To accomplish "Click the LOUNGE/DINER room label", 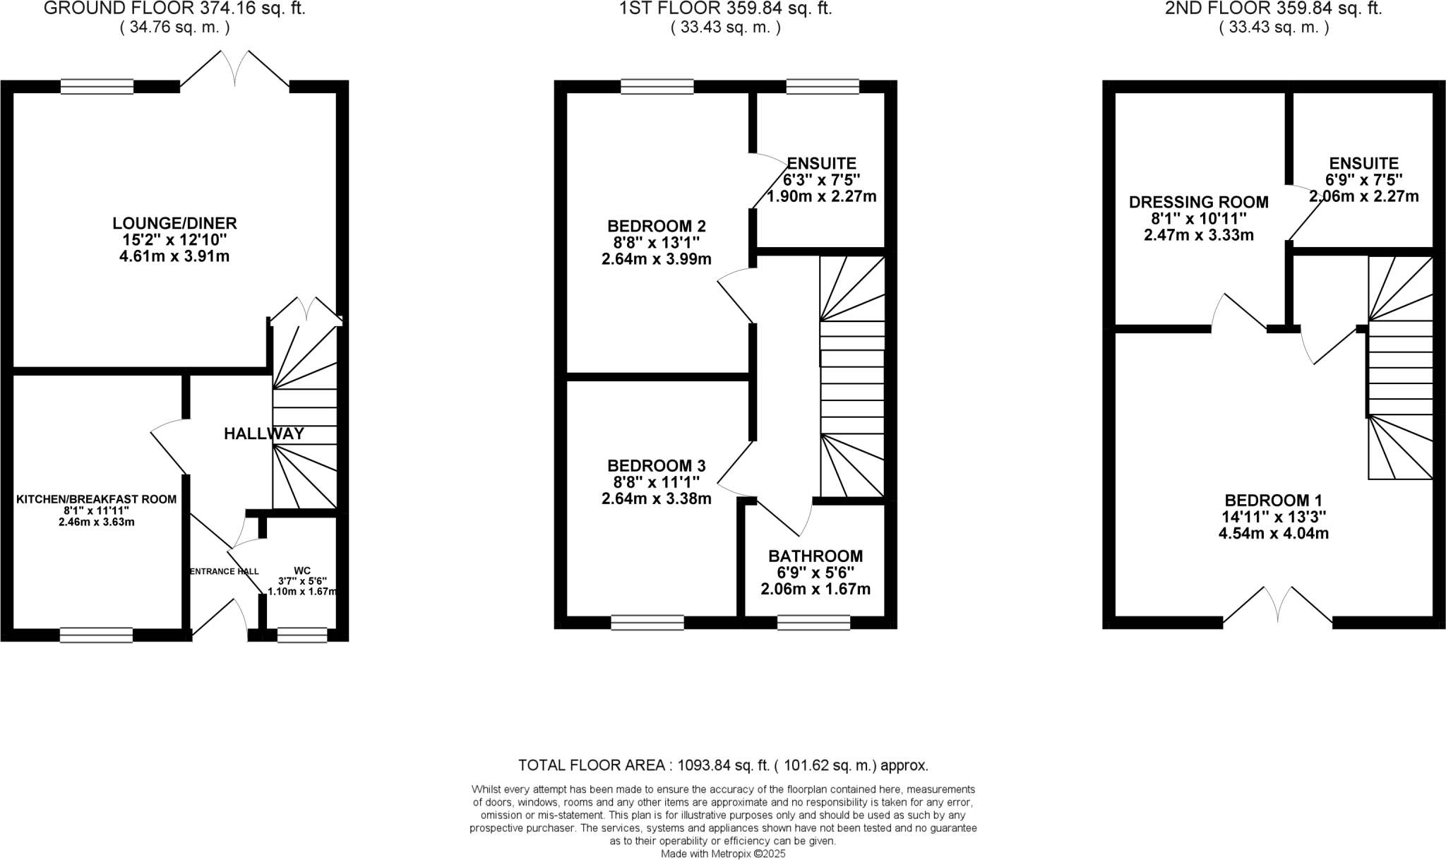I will point(174,224).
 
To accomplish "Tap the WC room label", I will point(302,570).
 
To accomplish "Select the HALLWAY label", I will point(263,434).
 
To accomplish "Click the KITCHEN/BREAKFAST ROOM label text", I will point(96,499).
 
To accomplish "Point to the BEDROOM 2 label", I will point(656,226).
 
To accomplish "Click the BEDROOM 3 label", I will point(656,466).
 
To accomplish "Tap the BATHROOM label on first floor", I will point(815,556).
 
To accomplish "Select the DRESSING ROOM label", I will point(1198,203).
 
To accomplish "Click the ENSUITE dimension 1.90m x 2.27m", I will point(821,196).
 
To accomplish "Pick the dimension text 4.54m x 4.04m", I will point(1273,534).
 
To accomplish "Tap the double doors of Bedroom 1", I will point(1277,606).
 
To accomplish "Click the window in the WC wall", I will point(302,635).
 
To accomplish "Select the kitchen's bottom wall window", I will point(96,635).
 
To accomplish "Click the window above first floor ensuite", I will point(822,86).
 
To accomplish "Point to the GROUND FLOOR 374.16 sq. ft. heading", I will point(174,9).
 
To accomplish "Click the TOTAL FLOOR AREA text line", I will point(723,765).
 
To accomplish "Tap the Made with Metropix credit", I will point(723,853).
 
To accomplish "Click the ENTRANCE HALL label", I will point(225,571).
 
